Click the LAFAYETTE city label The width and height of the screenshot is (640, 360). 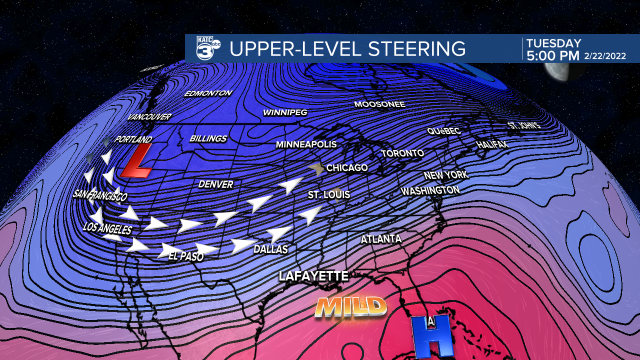click(x=313, y=276)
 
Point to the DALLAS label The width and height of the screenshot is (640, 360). click(x=270, y=249)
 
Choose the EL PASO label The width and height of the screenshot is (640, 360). click(x=185, y=257)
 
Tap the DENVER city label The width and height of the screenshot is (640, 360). click(x=215, y=184)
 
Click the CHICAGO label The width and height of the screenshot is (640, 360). click(x=347, y=168)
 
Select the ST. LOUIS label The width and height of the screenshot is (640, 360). click(x=328, y=194)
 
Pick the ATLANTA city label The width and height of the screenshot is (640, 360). click(x=381, y=239)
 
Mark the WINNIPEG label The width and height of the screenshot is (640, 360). click(x=285, y=113)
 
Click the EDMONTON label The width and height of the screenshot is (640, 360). click(x=208, y=93)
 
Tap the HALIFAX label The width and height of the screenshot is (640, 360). click(x=491, y=144)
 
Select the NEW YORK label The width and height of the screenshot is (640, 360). click(x=445, y=175)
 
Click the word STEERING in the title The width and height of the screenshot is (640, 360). click(x=416, y=48)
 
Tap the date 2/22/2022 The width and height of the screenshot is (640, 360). click(x=604, y=56)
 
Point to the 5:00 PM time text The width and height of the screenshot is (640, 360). click(x=552, y=55)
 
